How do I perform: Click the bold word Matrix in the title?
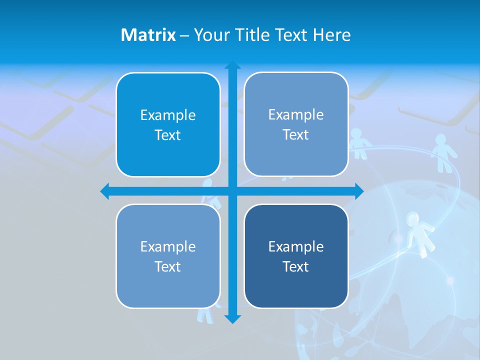148,35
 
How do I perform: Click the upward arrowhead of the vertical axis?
232,65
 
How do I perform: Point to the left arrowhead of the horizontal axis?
105,191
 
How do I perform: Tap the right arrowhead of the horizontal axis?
359,191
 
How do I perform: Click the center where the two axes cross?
232,191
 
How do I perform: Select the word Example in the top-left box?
167,115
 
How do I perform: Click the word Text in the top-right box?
295,135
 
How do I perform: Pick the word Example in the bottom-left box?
167,246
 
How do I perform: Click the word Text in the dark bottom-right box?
295,266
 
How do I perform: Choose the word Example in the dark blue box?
295,246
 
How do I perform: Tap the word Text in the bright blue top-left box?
167,135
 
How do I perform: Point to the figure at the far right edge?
442,151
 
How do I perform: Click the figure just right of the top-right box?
358,142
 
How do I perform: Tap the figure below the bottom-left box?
205,314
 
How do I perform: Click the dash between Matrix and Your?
184,35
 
